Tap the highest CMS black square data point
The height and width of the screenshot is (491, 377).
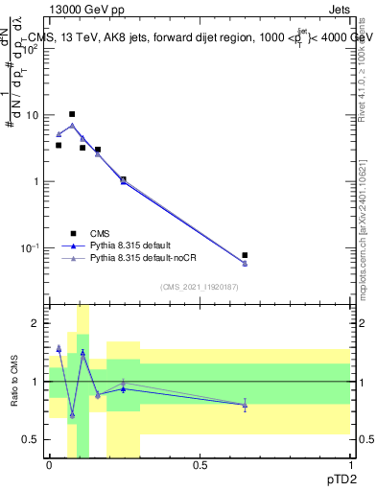coord(71,114)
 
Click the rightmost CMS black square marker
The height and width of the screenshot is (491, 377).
coord(245,255)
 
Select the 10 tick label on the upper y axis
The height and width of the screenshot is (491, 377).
coord(33,115)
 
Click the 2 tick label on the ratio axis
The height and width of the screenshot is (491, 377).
coord(36,324)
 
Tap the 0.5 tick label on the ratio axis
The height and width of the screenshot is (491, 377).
coord(32,439)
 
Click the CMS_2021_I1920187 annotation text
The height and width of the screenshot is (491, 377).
coord(199,286)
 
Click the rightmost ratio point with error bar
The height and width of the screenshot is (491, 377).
coord(245,405)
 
